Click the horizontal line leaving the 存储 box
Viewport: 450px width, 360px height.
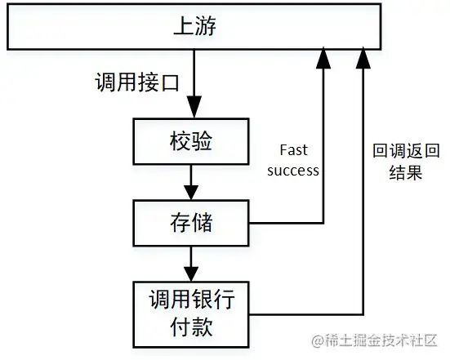click(289, 223)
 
